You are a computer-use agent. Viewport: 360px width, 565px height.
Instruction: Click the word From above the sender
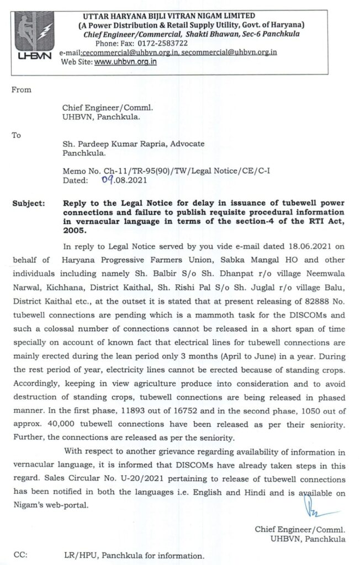[22, 90]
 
